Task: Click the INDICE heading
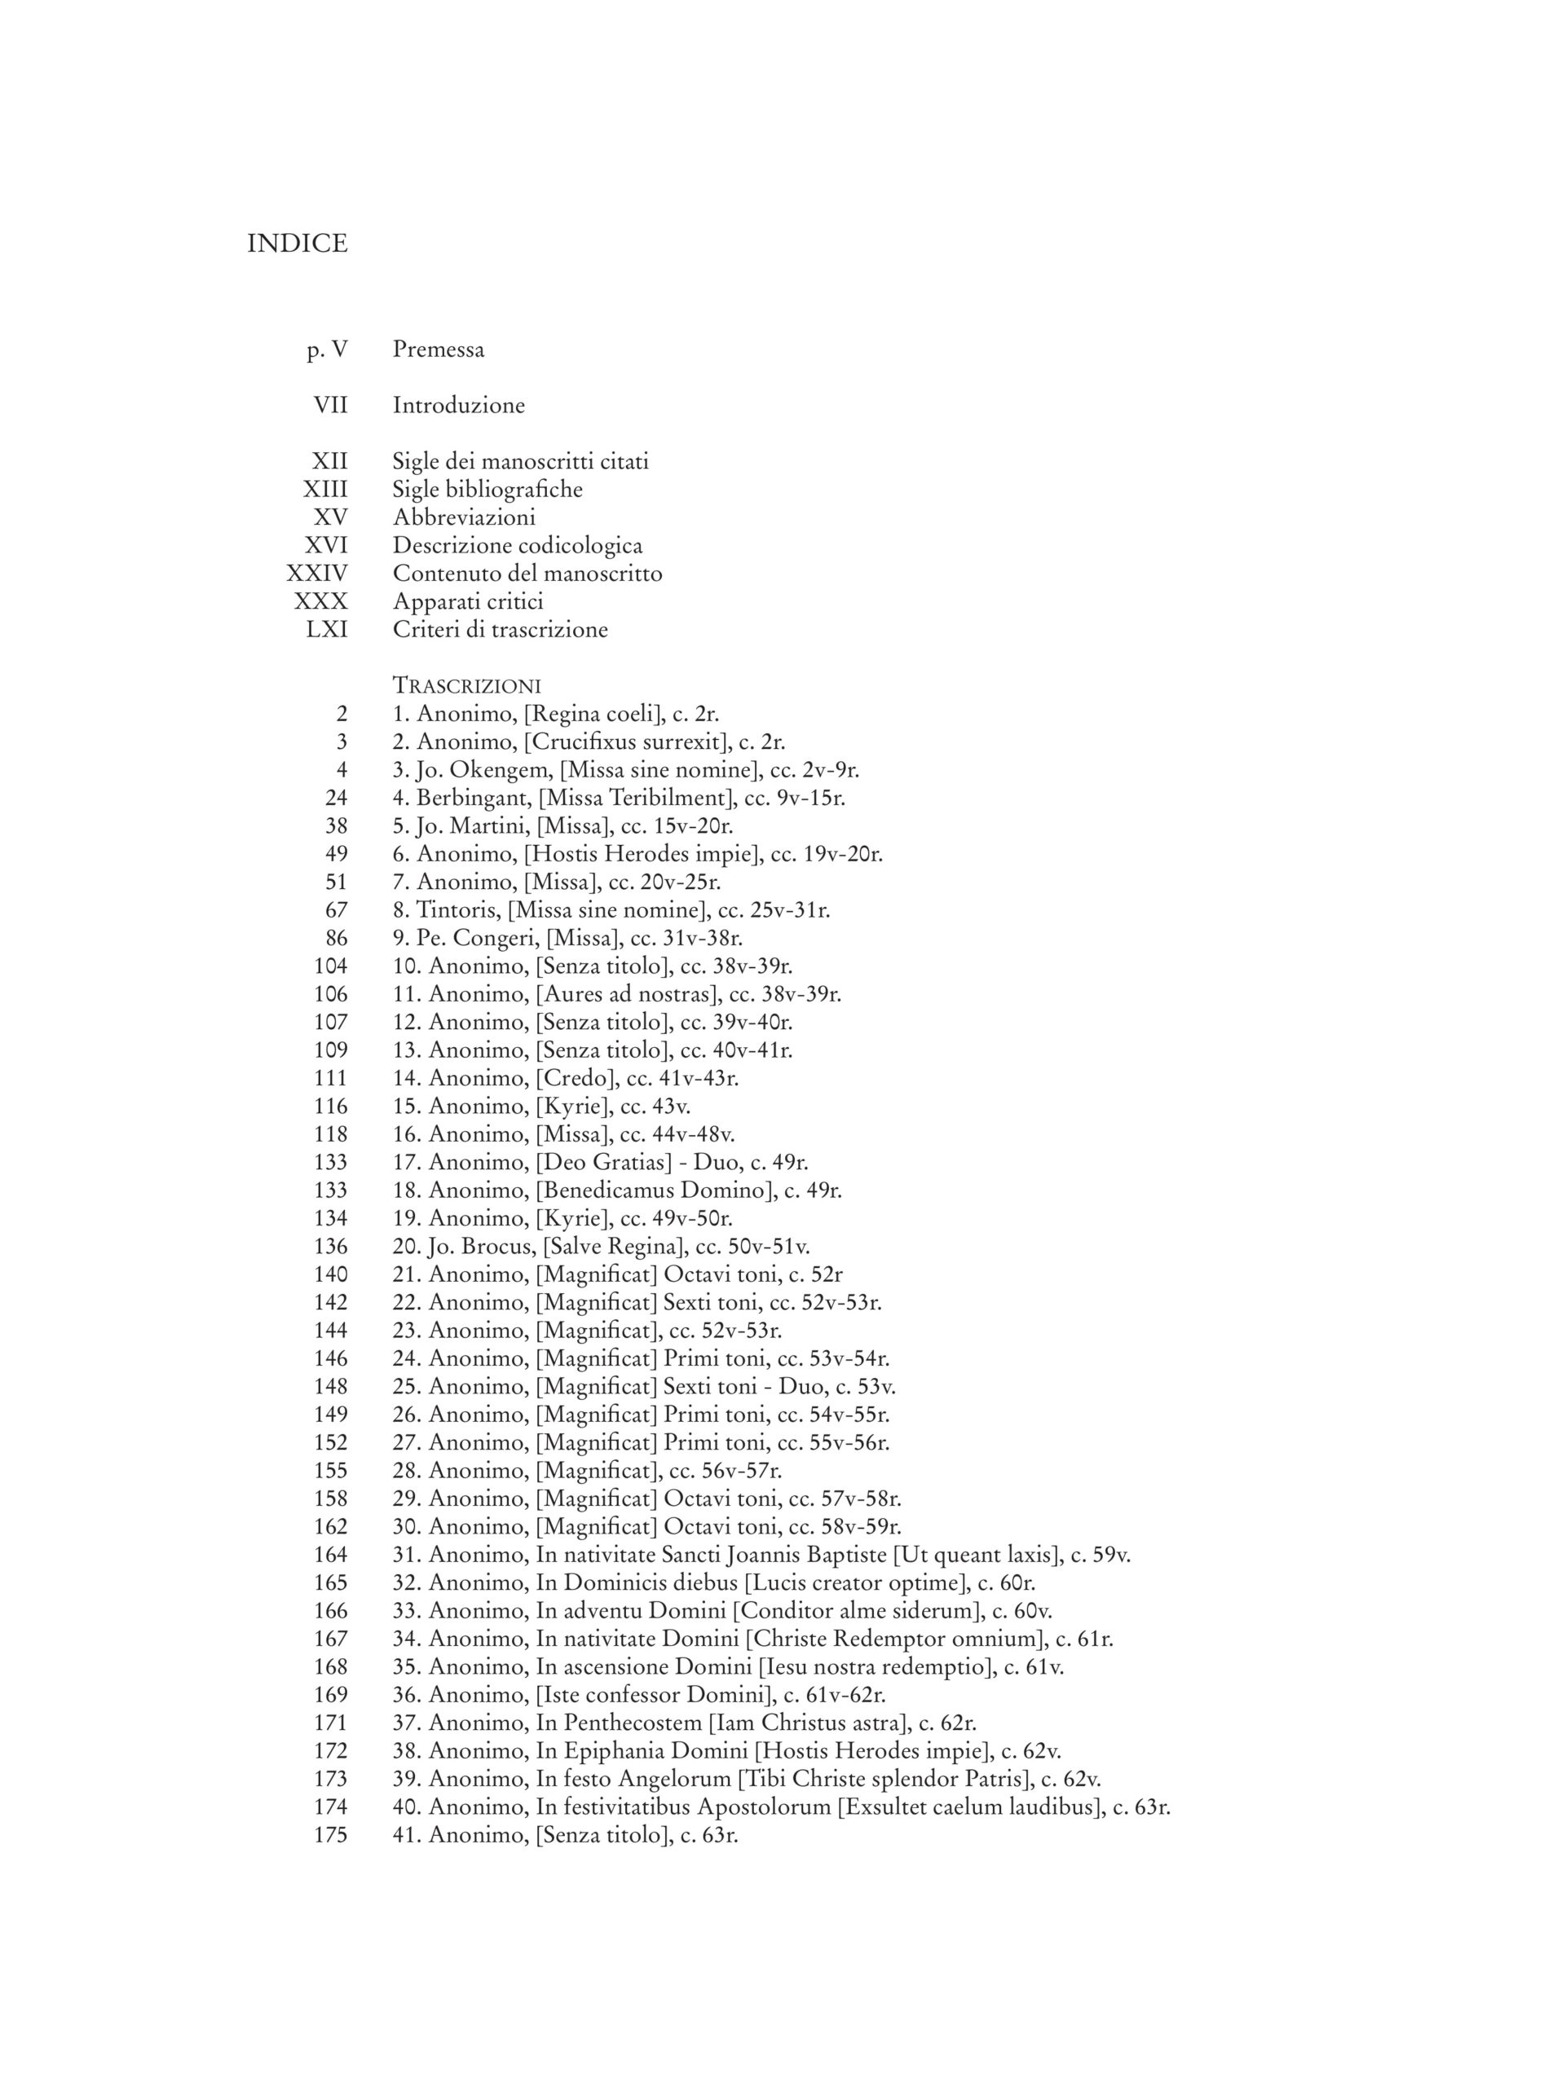coord(297,244)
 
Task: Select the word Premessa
coord(439,350)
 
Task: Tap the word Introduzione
coord(458,406)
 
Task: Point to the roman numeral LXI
coord(326,629)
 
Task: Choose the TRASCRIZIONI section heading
coord(466,685)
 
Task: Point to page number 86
coord(336,939)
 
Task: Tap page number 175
coord(330,1834)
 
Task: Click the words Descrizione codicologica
coord(518,545)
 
